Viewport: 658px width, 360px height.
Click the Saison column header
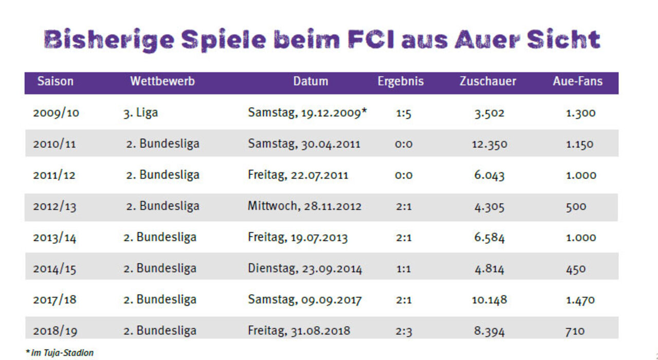[x=56, y=81]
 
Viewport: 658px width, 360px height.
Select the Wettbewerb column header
[x=162, y=81]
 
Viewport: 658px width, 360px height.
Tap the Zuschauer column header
[x=488, y=81]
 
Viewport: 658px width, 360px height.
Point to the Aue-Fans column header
[x=578, y=81]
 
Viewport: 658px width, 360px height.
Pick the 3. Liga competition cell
[x=140, y=113]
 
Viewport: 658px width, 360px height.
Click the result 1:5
[x=404, y=113]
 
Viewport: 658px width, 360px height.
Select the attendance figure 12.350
[x=489, y=145]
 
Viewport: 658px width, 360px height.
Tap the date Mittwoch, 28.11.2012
[x=305, y=206]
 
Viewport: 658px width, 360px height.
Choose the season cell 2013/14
[x=55, y=238]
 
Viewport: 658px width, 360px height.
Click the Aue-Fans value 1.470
[x=581, y=300]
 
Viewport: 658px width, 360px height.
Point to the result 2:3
[x=404, y=331]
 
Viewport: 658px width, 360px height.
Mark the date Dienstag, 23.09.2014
[x=305, y=268]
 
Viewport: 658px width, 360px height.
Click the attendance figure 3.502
[x=489, y=113]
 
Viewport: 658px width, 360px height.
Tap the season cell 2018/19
[x=55, y=331]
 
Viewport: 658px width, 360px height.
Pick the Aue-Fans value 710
[x=575, y=331]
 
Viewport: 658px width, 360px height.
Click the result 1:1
[x=404, y=268]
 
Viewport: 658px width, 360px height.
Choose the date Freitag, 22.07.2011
[x=298, y=175]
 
